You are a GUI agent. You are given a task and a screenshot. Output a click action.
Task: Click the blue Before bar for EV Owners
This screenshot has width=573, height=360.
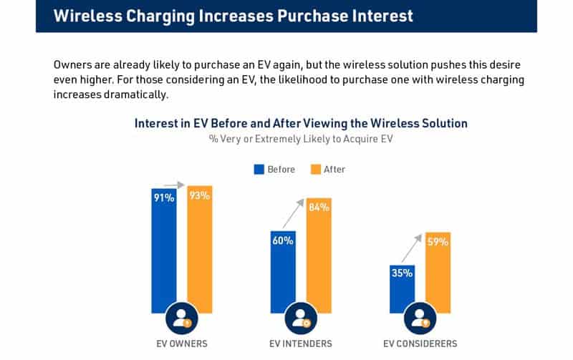pyautogui.click(x=164, y=250)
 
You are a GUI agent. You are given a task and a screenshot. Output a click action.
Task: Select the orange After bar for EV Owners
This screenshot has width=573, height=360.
pyautogui.click(x=200, y=250)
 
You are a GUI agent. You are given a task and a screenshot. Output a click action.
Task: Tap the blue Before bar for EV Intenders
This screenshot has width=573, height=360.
pyautogui.click(x=283, y=272)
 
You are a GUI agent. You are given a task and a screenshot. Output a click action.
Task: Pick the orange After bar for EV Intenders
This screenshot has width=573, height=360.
pyautogui.click(x=319, y=258)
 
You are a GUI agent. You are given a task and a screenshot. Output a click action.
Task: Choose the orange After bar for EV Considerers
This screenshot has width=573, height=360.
pyautogui.click(x=438, y=276)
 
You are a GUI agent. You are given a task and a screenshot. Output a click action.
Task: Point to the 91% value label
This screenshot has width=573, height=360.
pyautogui.click(x=164, y=198)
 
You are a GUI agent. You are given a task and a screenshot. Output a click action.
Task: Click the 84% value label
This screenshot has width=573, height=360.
pyautogui.click(x=319, y=208)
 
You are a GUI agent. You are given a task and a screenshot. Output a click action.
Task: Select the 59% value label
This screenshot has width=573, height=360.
pyautogui.click(x=438, y=242)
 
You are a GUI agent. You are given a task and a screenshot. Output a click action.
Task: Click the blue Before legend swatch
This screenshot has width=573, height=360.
pyautogui.click(x=259, y=170)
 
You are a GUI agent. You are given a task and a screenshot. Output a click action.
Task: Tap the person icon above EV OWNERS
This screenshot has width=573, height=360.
pyautogui.click(x=182, y=318)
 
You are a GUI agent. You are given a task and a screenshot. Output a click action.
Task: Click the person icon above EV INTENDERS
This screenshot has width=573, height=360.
pyautogui.click(x=301, y=318)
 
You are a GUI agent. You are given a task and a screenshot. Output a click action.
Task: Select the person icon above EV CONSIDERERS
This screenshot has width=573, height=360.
pyautogui.click(x=420, y=318)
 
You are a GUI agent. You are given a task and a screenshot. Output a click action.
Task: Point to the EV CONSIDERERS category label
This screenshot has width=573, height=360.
pyautogui.click(x=420, y=344)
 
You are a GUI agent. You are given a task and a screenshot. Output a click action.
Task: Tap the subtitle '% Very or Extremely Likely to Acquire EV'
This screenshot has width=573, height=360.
pyautogui.click(x=301, y=139)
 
